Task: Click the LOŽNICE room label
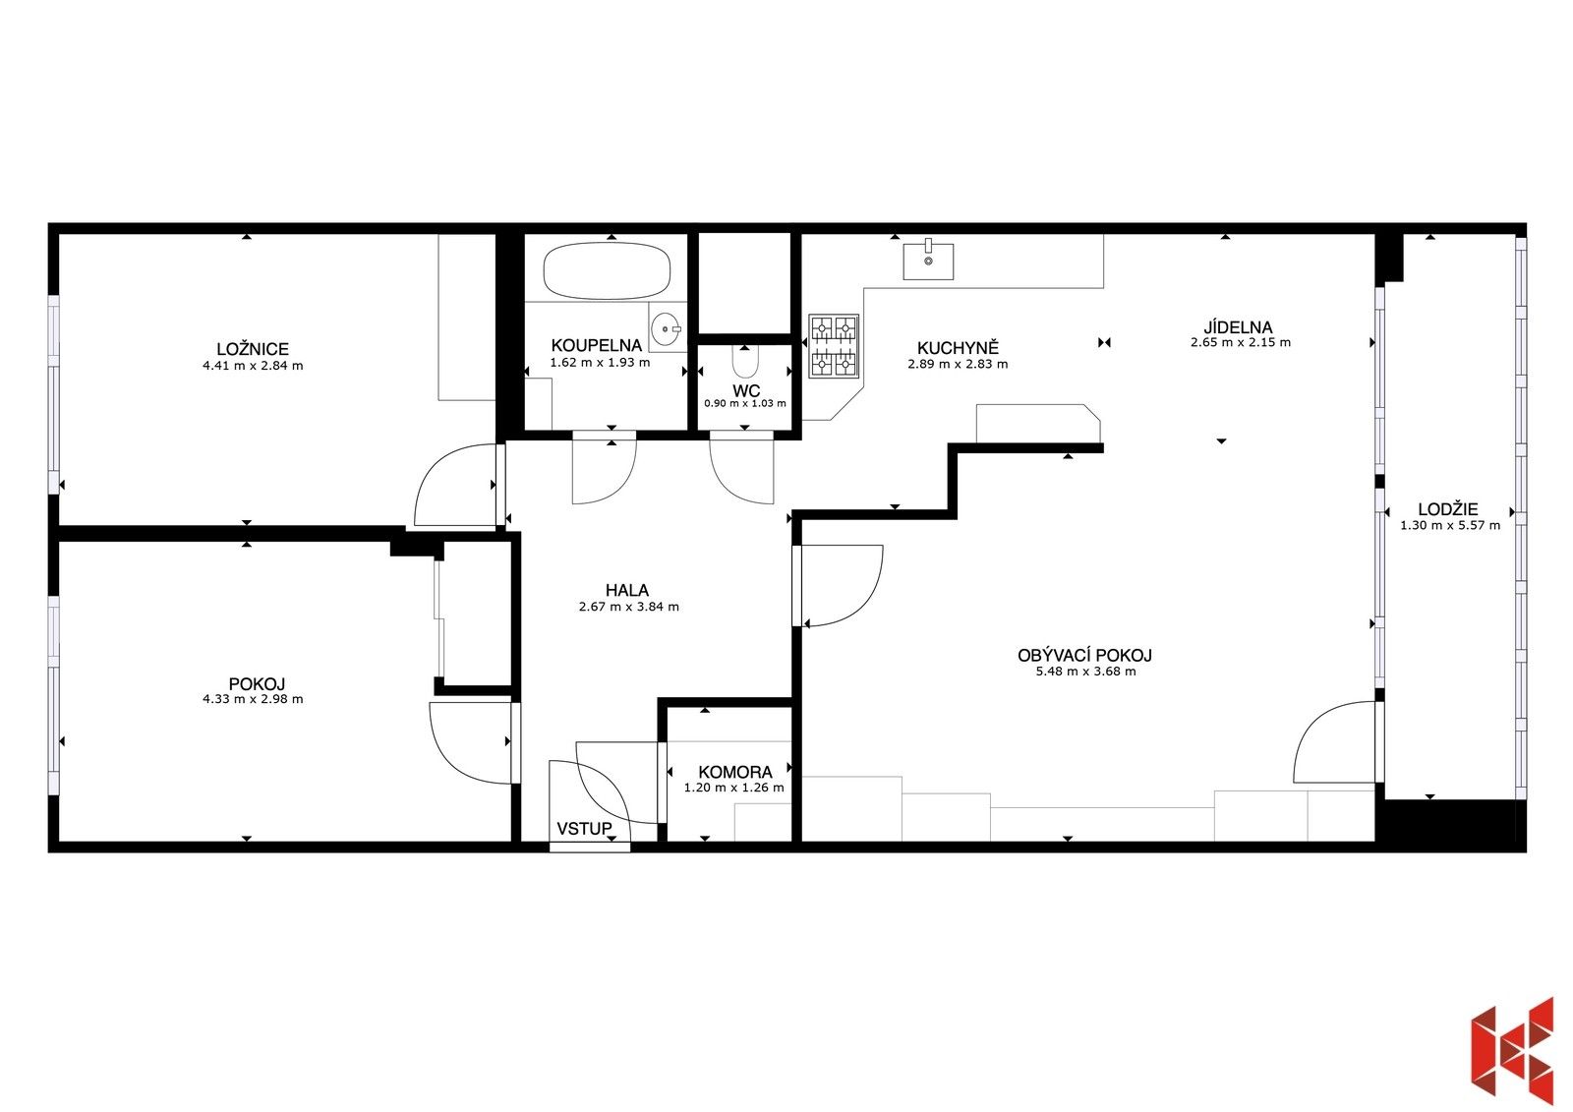point(253,349)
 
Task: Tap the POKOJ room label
point(257,684)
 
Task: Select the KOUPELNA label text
point(596,345)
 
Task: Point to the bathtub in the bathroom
point(607,271)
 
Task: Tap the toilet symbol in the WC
point(746,364)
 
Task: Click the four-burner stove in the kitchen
point(833,346)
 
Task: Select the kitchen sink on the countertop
point(928,260)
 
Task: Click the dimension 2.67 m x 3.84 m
point(628,607)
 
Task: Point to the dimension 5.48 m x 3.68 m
point(1084,672)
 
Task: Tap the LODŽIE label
point(1447,509)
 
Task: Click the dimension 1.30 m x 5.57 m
point(1450,525)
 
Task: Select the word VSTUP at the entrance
point(584,829)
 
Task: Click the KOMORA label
point(734,772)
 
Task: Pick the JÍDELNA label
point(1238,327)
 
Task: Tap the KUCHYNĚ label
point(957,348)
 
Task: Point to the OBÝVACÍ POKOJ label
point(1084,655)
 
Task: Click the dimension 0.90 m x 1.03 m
point(744,403)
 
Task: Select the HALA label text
point(626,590)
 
